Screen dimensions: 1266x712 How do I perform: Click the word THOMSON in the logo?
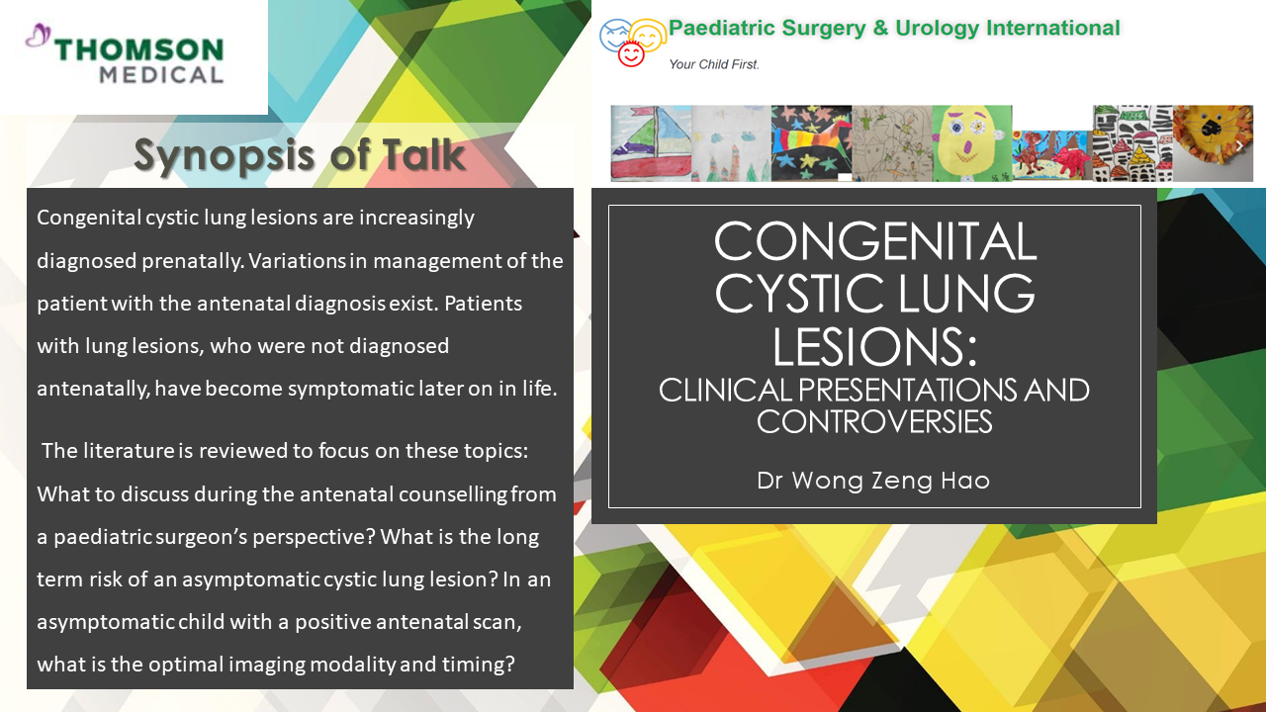pos(139,49)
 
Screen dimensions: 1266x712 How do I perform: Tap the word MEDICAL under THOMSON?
pos(161,75)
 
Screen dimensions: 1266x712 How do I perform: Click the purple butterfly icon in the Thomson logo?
pos(39,35)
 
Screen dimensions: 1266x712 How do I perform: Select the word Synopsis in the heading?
pos(224,155)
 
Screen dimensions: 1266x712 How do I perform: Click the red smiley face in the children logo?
pos(631,54)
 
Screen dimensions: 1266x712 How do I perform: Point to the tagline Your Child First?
pos(714,64)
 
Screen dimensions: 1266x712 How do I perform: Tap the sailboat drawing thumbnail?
pos(651,143)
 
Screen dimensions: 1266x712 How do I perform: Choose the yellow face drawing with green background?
pos(972,143)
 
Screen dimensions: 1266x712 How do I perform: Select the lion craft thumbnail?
pos(1213,143)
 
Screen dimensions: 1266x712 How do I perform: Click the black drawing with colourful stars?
pos(812,143)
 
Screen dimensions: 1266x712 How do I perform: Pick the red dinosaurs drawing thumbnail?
pos(1052,155)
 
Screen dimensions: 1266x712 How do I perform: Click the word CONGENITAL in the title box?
pos(875,241)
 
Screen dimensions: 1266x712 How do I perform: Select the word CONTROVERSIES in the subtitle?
pos(874,421)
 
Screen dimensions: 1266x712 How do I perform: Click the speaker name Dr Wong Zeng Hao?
pos(873,481)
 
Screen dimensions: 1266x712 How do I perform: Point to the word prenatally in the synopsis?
pos(192,261)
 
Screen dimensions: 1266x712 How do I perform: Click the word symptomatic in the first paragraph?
pos(351,389)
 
